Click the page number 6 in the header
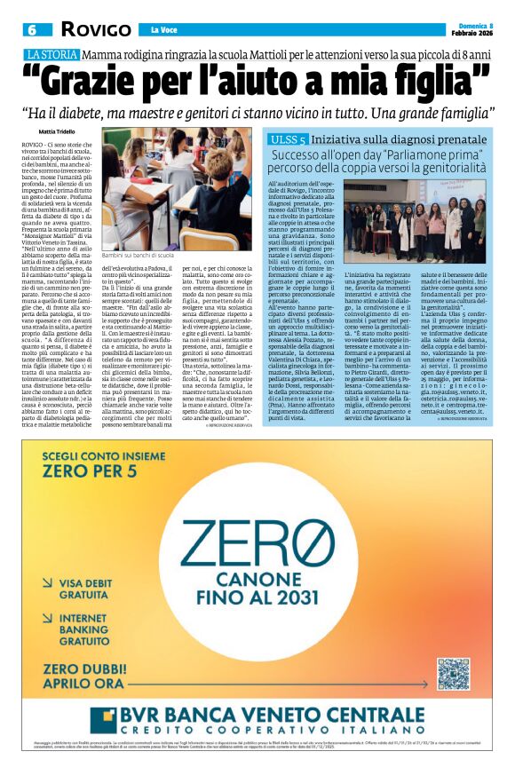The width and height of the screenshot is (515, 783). click(31, 29)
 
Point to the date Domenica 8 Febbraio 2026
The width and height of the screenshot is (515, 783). click(471, 28)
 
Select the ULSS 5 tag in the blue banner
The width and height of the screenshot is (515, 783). click(288, 140)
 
